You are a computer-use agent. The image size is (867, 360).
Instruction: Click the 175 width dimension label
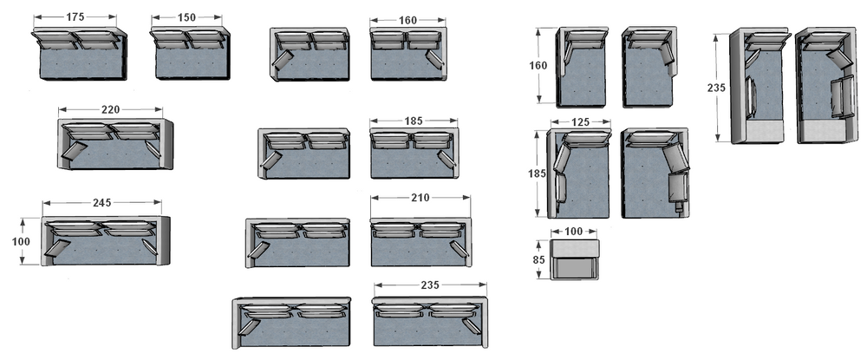[75, 17]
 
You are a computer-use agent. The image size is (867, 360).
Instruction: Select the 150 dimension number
[186, 17]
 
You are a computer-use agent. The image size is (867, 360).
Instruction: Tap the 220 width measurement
[110, 109]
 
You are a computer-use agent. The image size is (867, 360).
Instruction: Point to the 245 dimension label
[101, 203]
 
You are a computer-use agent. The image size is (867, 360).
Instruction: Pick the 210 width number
[420, 198]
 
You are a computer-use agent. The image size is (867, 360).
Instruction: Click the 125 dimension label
[580, 122]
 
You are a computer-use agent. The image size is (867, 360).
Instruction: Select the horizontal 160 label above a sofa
[407, 21]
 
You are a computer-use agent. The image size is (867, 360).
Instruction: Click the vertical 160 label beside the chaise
[538, 65]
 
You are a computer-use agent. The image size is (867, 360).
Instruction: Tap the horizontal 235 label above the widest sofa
[430, 285]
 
